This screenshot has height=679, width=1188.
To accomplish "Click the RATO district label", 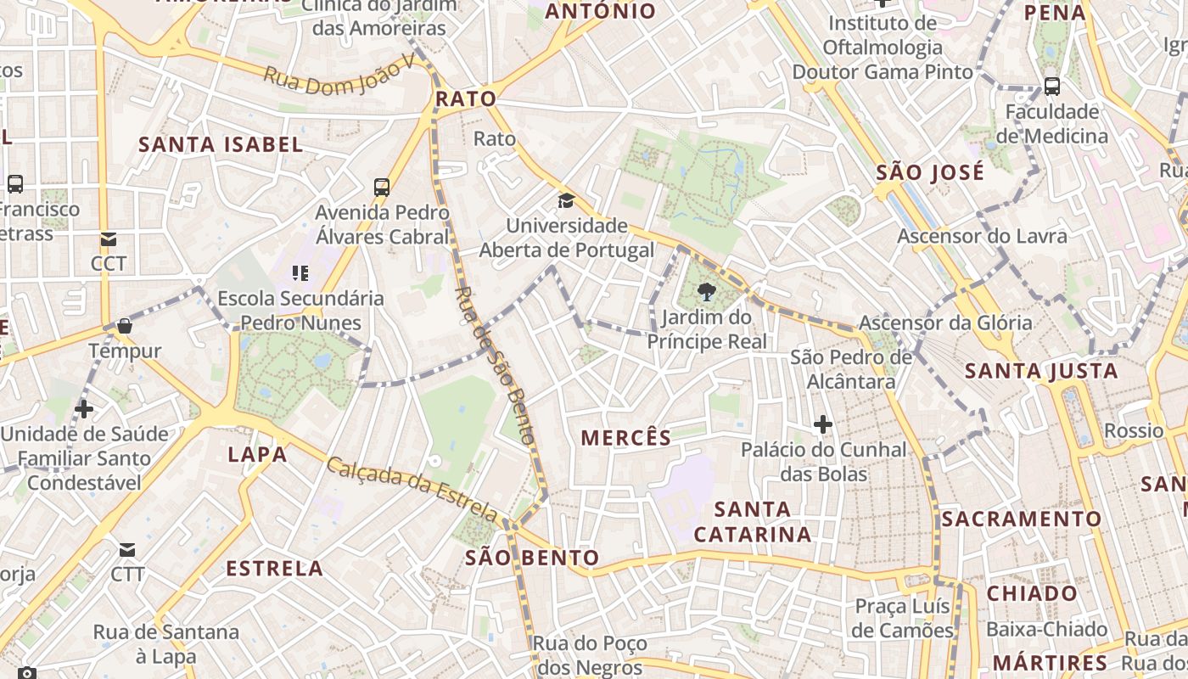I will pos(465,99).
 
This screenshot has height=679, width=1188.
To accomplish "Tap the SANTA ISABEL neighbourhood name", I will pos(221,144).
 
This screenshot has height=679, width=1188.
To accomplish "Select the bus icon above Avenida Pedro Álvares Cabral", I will pos(382,188).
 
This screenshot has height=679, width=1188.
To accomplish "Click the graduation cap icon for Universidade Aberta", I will pos(565,201).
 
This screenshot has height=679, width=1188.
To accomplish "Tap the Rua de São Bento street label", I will pos(495,365).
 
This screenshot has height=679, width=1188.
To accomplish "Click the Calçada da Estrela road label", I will pos(412,490).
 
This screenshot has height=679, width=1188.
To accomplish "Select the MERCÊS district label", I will pos(626,438).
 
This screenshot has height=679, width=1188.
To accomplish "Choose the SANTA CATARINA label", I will pos(753,521).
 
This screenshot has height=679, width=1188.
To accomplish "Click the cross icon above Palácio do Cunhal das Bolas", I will pos(822,424).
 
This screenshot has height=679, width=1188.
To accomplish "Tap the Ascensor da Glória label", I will pos(945,323).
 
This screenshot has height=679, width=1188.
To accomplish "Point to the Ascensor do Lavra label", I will pos(982,236).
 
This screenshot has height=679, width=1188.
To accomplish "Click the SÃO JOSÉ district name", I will pos(930,172).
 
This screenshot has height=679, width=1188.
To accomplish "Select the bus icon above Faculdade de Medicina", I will pos(1051,86).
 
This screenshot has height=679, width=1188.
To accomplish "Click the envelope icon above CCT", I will pos(109,239).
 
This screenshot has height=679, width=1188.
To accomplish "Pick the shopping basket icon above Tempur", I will pos(125,326).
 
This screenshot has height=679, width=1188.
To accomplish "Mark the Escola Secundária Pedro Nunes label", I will pos(300,311).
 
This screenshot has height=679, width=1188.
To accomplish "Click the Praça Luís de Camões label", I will pos(903,618).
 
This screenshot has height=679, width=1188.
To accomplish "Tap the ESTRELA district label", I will pos(274,569).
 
